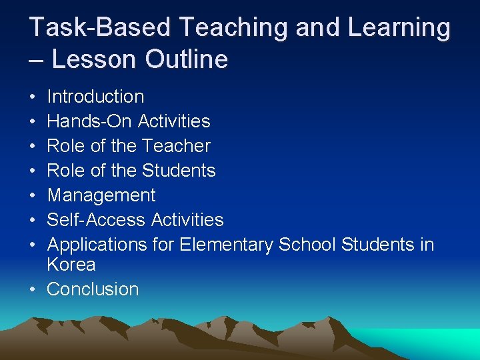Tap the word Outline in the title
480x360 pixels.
tap(187, 60)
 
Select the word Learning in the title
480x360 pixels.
tap(397, 29)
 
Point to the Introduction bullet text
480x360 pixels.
tap(95, 97)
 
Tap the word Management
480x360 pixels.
tap(101, 195)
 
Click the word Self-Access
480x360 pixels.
tap(97, 220)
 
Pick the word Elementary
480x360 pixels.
tap(226, 245)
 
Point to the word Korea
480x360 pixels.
tap(71, 265)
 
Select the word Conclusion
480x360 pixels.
tap(93, 289)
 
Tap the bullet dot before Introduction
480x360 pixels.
tap(33, 97)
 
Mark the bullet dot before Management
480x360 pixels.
tap(33, 196)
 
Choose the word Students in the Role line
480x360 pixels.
tap(179, 171)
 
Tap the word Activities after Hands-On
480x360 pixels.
tap(174, 121)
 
